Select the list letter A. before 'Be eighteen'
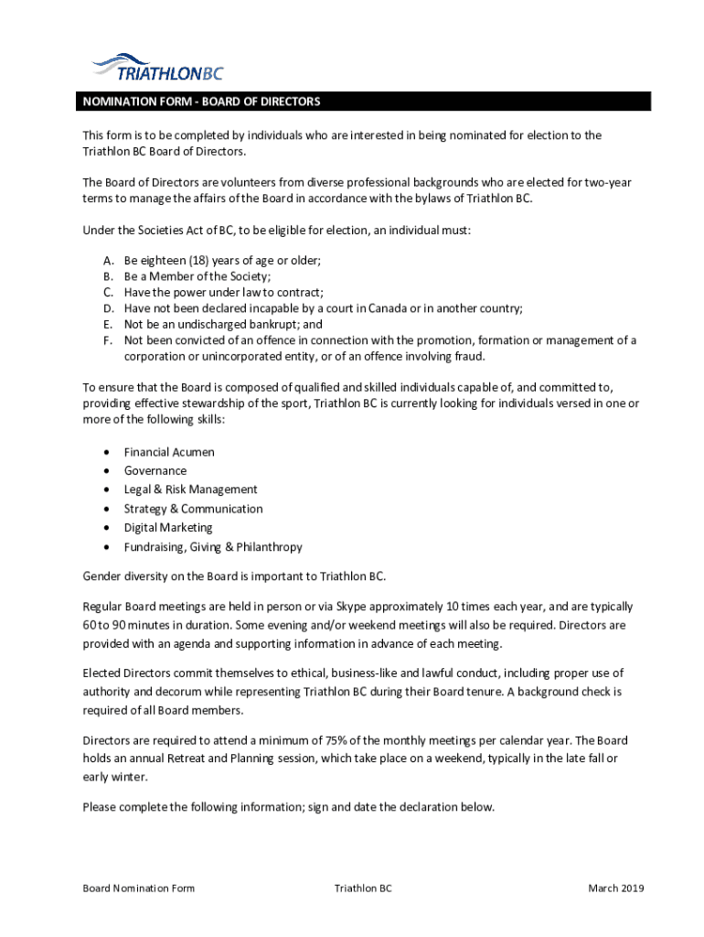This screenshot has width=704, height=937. click(108, 260)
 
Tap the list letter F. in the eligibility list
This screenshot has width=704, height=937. click(108, 340)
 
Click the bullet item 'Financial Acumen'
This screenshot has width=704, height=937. click(169, 452)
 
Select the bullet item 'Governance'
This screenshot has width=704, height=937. click(155, 471)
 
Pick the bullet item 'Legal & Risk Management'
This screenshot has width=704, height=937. click(191, 490)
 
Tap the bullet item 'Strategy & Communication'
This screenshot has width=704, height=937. click(194, 509)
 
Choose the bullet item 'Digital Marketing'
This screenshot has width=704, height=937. click(168, 528)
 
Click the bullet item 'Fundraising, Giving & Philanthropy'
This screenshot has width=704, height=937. click(213, 547)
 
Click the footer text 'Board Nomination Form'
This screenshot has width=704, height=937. click(138, 889)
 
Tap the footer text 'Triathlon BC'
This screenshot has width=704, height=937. click(363, 889)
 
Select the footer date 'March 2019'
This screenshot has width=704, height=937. click(616, 889)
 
